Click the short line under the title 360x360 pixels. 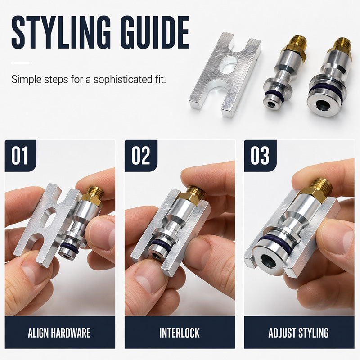(x=22, y=63)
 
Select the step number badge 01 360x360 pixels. (x=20, y=156)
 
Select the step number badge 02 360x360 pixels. (x=141, y=156)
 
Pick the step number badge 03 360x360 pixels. (x=260, y=156)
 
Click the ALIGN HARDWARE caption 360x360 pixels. (x=59, y=333)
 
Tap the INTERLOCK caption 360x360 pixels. (x=180, y=333)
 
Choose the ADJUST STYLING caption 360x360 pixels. (x=298, y=333)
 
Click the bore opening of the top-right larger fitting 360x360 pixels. (x=323, y=105)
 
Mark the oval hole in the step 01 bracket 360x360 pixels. (x=49, y=217)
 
